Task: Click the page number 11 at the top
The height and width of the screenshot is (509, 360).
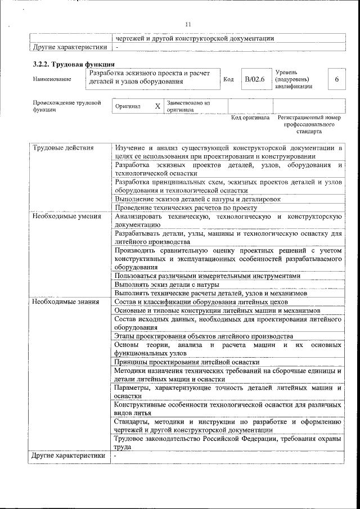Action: pos(188,24)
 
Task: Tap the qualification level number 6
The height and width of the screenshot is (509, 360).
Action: pos(336,79)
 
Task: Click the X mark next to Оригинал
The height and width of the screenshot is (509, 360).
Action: pos(157,106)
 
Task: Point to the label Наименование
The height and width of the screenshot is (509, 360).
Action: pos(52,79)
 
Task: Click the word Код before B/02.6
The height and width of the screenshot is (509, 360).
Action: pos(228,79)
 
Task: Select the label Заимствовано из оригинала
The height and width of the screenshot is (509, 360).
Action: pos(187,106)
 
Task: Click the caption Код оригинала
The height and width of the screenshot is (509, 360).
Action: pos(250,118)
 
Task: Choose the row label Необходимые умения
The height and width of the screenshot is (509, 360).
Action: pos(66,216)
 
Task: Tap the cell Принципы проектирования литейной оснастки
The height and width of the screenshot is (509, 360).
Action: pos(186,362)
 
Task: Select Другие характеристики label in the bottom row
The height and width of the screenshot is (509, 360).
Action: pos(69,456)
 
